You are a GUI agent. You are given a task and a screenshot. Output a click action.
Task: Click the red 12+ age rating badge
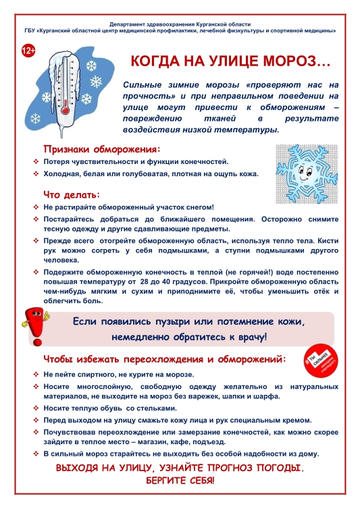[30, 51]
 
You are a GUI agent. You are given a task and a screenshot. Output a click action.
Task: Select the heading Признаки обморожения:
[102, 149]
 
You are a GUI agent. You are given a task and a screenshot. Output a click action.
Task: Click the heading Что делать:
[72, 194]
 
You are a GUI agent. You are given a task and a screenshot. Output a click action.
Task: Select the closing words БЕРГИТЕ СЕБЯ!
[180, 481]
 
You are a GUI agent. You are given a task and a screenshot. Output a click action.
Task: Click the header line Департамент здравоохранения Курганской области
[180, 23]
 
